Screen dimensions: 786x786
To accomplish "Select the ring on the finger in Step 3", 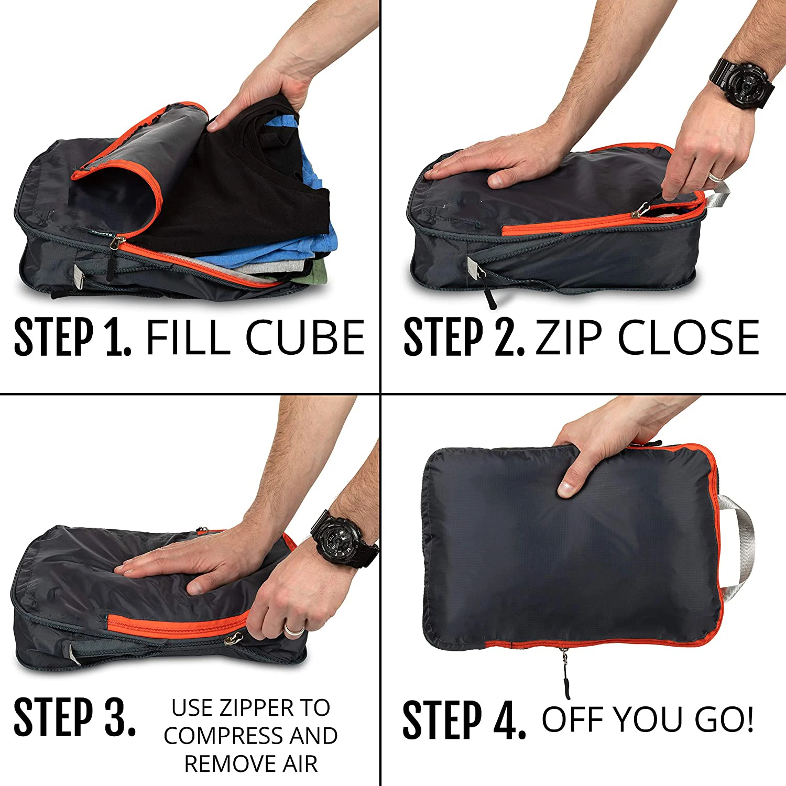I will pyautogui.click(x=294, y=629).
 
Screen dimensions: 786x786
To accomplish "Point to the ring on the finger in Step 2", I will pyautogui.click(x=716, y=176).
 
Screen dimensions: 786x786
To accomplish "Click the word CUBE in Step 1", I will pyautogui.click(x=305, y=337).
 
